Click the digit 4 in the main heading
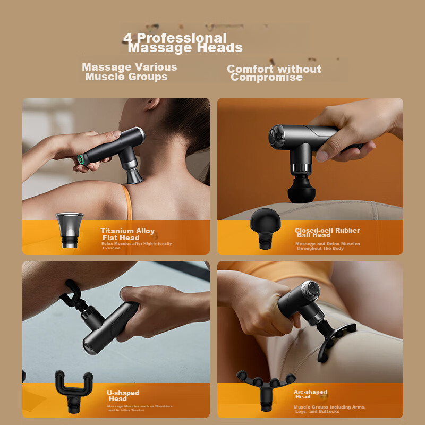point(127,38)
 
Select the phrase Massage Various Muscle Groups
point(129,72)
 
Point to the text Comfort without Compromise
point(273,73)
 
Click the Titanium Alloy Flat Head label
point(127,234)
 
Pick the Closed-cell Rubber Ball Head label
point(327,233)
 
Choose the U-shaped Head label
point(122,396)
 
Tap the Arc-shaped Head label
point(310,394)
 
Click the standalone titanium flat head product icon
point(70,228)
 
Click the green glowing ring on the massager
point(81,158)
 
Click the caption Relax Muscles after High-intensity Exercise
point(137,245)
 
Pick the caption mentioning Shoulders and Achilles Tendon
point(140,408)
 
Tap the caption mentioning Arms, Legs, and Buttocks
point(329,409)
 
